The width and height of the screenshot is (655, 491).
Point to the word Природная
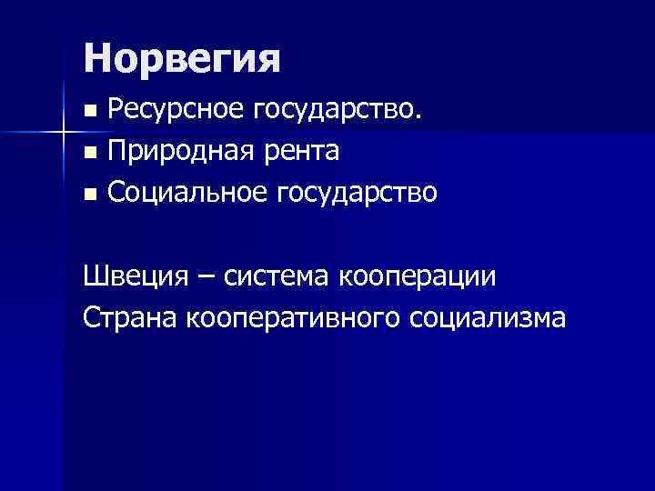pos(178,151)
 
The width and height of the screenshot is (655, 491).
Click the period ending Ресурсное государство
pos(418,118)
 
